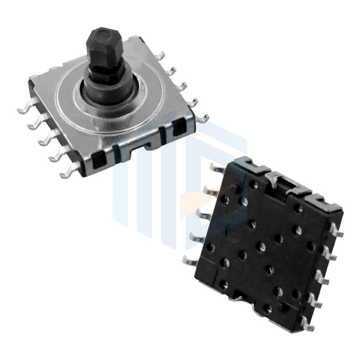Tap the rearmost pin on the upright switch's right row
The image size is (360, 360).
coord(159,56)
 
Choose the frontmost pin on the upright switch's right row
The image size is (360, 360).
coord(203,118)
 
